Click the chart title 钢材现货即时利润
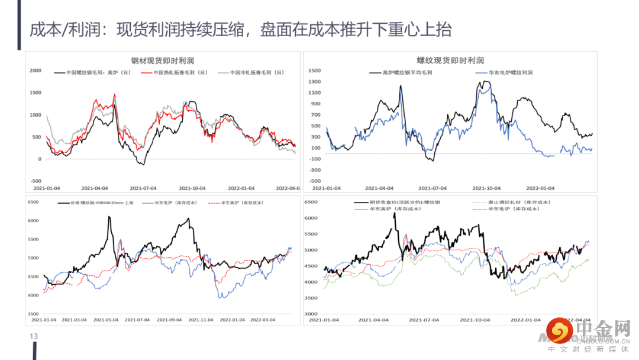[x=163, y=60]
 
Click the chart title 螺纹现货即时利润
[x=450, y=60]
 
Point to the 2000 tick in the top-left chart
[x=35, y=71]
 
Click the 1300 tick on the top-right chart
[x=314, y=82]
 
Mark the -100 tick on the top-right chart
[x=314, y=159]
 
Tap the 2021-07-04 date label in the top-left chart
[x=143, y=188]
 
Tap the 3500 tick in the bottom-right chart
[x=311, y=298]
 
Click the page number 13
[x=33, y=336]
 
